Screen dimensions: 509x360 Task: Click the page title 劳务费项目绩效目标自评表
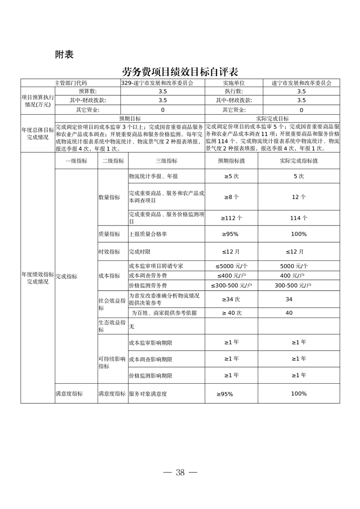pyautogui.click(x=180, y=72)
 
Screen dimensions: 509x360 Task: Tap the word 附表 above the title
pyautogui.click(x=64, y=54)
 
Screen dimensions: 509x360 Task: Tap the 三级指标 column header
pyautogui.click(x=166, y=161)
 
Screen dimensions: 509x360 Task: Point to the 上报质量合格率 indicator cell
pyautogui.click(x=148, y=234)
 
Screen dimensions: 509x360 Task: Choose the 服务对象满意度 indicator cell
pyautogui.click(x=148, y=394)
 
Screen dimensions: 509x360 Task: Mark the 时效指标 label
pyautogui.click(x=109, y=251)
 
